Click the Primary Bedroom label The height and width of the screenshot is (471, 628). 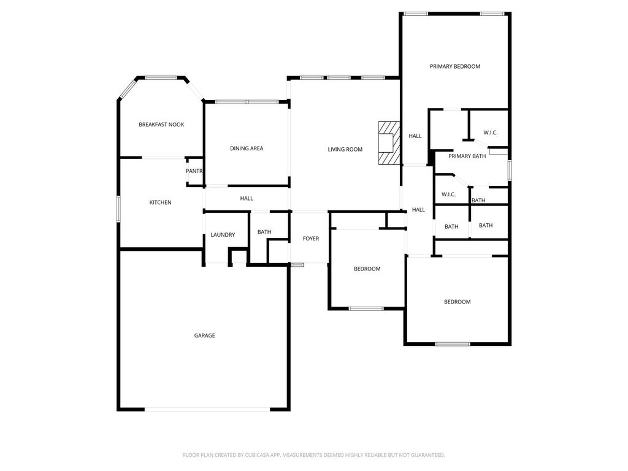455,66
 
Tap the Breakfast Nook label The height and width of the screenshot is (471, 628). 161,124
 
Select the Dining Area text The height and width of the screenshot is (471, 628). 247,148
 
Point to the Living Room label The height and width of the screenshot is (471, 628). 345,150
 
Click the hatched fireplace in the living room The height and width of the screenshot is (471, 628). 389,143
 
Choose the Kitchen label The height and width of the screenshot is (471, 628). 160,202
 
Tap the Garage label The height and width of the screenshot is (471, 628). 205,335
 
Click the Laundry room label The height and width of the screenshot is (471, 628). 223,235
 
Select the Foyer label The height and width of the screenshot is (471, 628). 311,239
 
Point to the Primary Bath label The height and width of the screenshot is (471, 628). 467,156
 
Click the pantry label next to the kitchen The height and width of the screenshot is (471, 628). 194,171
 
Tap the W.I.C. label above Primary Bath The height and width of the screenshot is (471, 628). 490,132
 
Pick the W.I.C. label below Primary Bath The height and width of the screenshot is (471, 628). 448,194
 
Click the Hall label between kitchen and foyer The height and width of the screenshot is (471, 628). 247,199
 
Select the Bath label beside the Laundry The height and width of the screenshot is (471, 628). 264,232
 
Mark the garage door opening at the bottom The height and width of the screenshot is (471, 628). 207,409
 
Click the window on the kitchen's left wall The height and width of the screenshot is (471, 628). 118,209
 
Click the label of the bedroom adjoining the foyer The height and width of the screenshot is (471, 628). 367,269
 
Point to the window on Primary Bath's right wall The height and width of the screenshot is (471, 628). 510,170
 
